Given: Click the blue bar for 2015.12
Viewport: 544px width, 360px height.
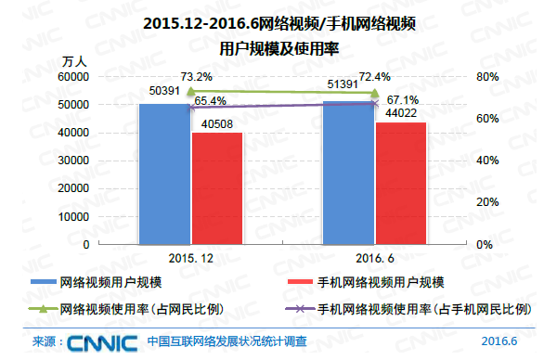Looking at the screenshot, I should click(164, 174).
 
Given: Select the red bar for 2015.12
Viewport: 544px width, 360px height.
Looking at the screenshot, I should click(216, 188).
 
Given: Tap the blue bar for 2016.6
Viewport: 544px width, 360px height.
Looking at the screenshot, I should click(348, 173).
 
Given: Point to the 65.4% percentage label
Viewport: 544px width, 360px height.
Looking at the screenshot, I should click(211, 100).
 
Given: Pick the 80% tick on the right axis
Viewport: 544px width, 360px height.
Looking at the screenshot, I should click(488, 77).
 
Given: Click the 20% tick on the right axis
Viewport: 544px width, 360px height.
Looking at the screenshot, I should click(488, 202).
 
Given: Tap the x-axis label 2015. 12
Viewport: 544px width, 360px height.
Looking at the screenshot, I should click(191, 259).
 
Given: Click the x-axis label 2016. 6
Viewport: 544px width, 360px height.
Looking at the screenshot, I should click(373, 259).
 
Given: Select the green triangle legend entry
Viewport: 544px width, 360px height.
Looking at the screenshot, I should click(126, 308).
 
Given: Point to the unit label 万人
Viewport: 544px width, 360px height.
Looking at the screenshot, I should click(74, 61).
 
